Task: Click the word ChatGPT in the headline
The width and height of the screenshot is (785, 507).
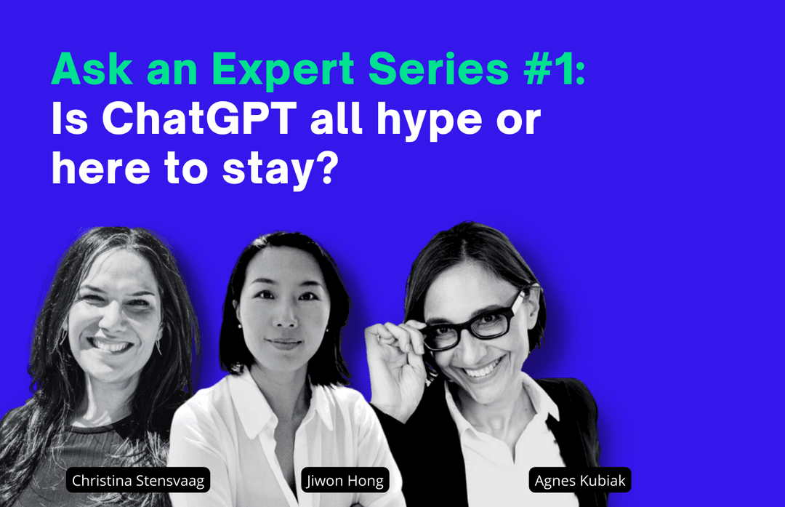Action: [200, 119]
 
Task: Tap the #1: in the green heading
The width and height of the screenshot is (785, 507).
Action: [555, 69]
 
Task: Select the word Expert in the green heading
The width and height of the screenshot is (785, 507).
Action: [283, 71]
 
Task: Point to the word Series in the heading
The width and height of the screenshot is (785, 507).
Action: [438, 69]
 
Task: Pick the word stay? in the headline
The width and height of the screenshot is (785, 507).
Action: [281, 171]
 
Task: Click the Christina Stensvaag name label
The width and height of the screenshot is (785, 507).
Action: [138, 480]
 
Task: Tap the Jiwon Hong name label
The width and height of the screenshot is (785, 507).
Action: [345, 480]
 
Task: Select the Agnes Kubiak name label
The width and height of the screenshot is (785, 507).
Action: [580, 480]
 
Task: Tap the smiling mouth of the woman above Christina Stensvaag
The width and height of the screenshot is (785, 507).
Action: [110, 346]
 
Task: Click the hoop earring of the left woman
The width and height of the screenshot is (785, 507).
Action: [158, 346]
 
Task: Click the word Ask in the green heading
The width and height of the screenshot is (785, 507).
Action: [92, 69]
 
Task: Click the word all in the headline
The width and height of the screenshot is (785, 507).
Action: [336, 119]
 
